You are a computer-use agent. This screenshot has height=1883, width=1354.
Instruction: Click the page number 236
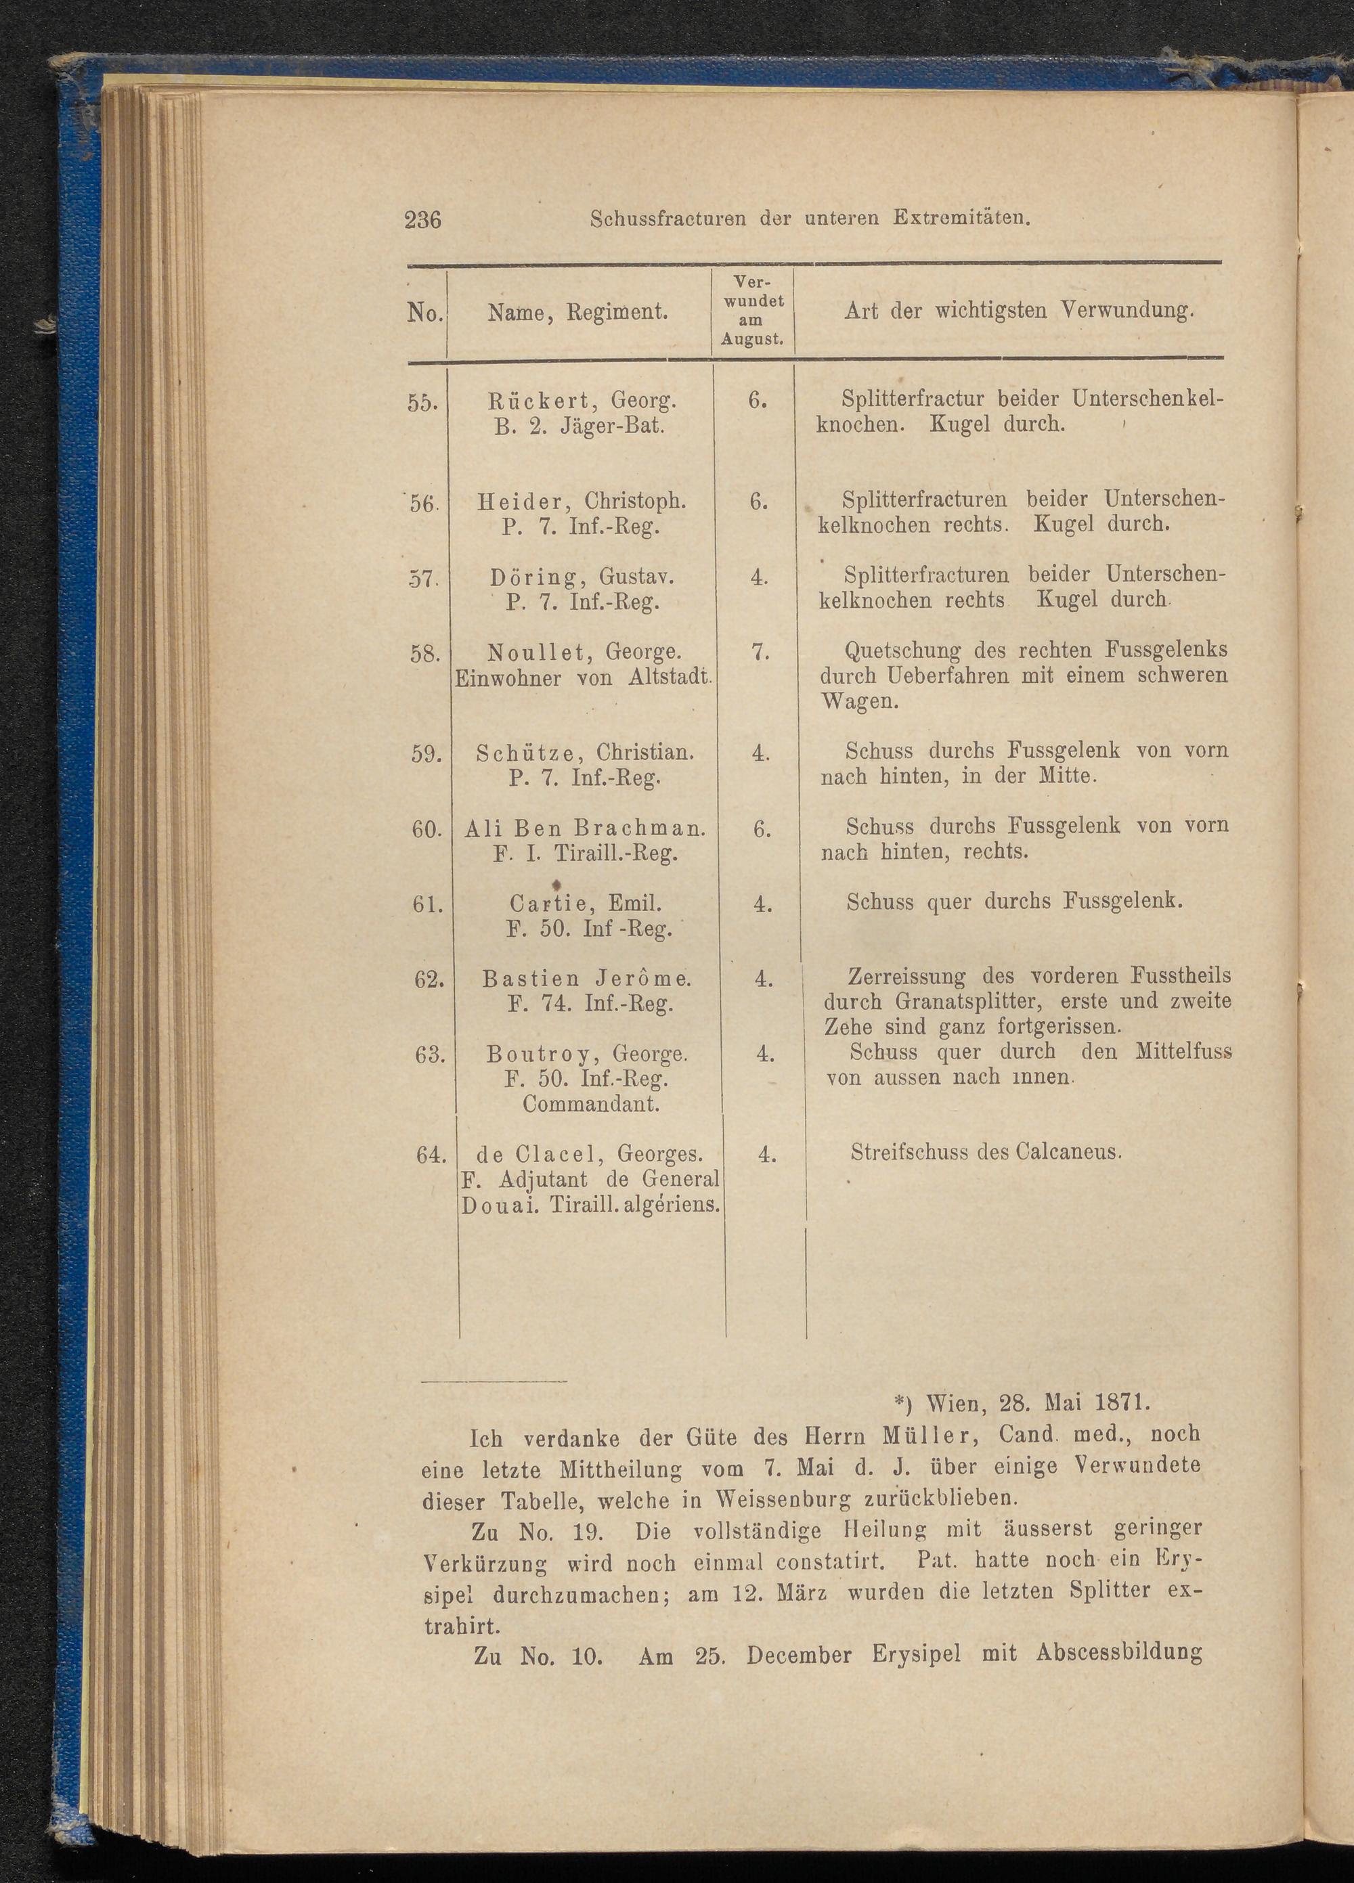(422, 220)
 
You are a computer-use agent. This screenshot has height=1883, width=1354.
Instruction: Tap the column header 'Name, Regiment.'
(579, 312)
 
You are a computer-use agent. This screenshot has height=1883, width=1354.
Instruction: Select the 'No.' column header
(426, 313)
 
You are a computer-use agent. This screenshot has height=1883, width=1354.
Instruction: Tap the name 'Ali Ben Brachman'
(586, 828)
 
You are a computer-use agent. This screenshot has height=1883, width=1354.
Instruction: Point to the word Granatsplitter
(948, 1000)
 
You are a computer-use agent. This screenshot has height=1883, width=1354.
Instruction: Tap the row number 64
(429, 1154)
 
